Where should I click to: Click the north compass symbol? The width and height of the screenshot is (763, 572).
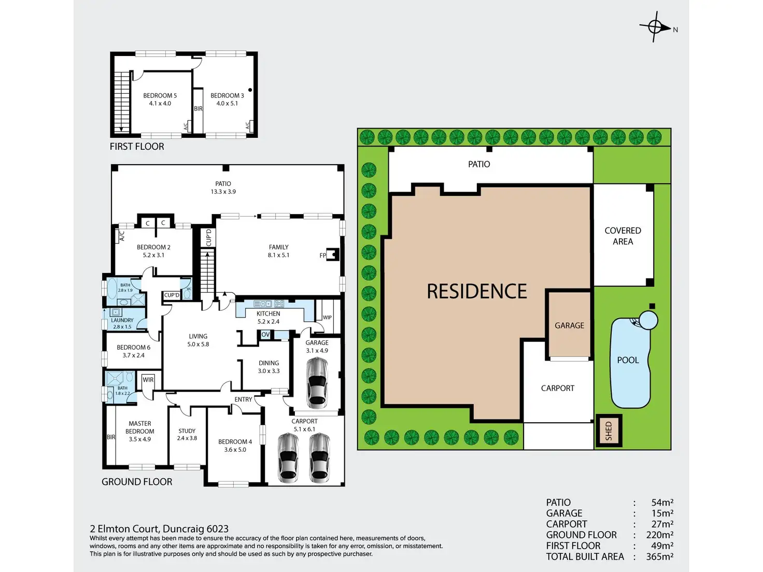click(655, 26)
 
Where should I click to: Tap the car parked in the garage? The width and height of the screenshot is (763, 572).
click(317, 383)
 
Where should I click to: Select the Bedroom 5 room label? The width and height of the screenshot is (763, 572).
click(160, 99)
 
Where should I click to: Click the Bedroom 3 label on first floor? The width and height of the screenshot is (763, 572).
click(227, 99)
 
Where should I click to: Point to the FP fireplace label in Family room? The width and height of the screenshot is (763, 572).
click(323, 255)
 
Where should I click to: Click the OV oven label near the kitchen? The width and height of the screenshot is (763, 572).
click(265, 335)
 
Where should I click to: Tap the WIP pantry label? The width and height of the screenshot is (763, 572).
click(327, 318)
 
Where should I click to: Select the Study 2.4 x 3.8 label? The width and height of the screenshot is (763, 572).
click(187, 434)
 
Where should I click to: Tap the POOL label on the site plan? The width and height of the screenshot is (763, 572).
click(628, 360)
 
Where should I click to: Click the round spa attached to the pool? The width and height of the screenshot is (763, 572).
click(648, 320)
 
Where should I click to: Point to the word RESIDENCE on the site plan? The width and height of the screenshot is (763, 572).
click(476, 292)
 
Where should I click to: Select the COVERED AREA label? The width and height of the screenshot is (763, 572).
click(623, 236)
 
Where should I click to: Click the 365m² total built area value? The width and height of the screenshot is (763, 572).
click(659, 556)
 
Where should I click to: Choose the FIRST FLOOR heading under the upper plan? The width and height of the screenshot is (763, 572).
click(137, 147)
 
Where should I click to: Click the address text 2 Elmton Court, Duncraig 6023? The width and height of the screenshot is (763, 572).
click(159, 529)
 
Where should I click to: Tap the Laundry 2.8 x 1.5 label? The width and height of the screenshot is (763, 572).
click(122, 323)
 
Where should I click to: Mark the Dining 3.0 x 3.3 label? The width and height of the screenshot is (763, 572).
click(269, 367)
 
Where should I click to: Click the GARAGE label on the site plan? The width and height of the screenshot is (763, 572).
click(569, 325)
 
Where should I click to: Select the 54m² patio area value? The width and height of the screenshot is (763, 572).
click(662, 503)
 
